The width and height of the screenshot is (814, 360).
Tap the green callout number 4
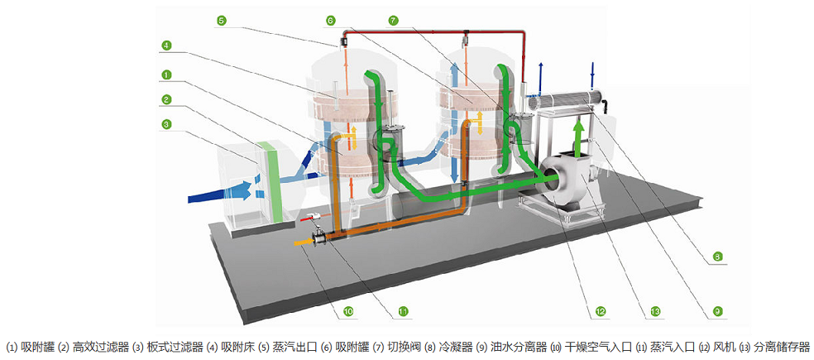coord(166,45)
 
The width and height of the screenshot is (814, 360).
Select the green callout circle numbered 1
coord(166,74)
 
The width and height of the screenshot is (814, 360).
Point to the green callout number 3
coord(166,125)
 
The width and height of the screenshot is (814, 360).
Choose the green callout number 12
coord(601,311)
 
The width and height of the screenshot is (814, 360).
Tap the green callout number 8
coord(718,257)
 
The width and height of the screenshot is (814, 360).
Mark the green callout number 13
coord(655,311)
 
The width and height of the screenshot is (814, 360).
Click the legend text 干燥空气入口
coord(597,347)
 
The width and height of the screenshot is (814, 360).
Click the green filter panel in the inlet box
coord(267,181)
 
